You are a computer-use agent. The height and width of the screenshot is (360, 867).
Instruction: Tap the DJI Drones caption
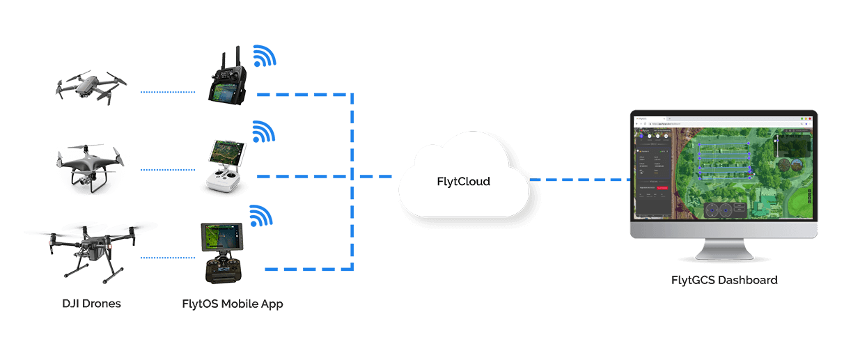(91, 304)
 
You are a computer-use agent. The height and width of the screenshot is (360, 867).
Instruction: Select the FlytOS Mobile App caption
(232, 304)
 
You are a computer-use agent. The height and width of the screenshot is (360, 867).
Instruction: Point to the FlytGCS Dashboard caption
(724, 281)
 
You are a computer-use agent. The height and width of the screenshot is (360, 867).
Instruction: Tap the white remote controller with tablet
(225, 167)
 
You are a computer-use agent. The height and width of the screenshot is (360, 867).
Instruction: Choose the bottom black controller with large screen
(221, 253)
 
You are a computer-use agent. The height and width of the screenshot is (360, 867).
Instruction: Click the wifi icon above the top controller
(264, 56)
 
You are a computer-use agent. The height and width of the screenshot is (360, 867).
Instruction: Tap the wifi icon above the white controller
(263, 132)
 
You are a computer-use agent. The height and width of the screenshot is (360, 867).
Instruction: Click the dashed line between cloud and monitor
(578, 180)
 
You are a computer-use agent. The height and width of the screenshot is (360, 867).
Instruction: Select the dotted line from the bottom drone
(171, 258)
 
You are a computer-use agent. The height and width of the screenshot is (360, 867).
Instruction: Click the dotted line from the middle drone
(171, 169)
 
